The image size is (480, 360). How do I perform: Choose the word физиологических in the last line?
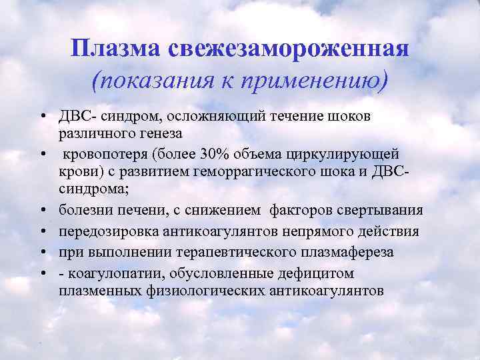point(208,291)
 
